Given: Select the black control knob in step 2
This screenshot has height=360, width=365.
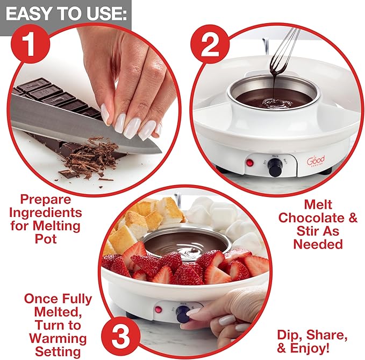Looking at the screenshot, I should tap(276, 167).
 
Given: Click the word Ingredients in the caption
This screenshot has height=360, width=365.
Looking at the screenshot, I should tap(46, 211).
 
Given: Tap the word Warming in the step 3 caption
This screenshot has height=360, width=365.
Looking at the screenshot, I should tap(58, 338).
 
